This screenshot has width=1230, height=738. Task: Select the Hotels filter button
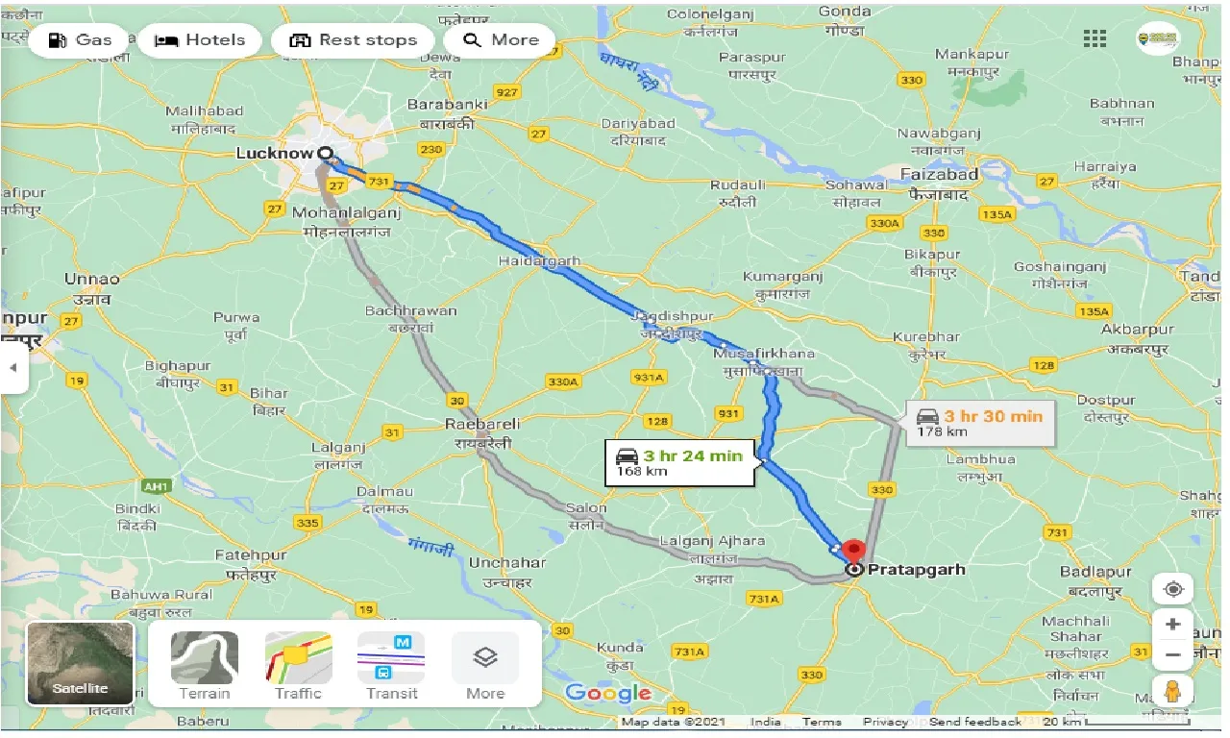coord(200,40)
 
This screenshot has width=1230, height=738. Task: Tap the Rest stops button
coord(354,40)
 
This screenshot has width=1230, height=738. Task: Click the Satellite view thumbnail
coord(80,663)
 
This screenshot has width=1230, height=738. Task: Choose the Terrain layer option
coord(205,665)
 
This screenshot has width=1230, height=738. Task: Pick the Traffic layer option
coord(298,665)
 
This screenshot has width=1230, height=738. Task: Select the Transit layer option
coord(391,665)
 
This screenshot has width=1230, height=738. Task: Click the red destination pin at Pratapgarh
coord(853,553)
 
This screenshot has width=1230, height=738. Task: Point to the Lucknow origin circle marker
coord(325,153)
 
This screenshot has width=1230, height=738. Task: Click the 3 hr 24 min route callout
coord(681,462)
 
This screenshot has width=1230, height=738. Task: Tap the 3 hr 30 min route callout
coord(980,423)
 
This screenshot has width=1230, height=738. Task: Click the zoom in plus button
coord(1172,624)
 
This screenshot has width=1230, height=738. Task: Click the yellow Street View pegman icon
coord(1172,690)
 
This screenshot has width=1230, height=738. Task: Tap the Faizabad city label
coord(940,175)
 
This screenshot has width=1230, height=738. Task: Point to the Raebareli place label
coord(482,424)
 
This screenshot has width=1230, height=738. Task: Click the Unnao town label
coord(92,280)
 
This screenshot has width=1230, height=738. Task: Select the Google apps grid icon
coord(1095,38)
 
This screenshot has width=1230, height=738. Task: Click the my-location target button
coord(1172,589)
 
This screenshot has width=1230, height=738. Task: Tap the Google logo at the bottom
coord(607,694)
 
